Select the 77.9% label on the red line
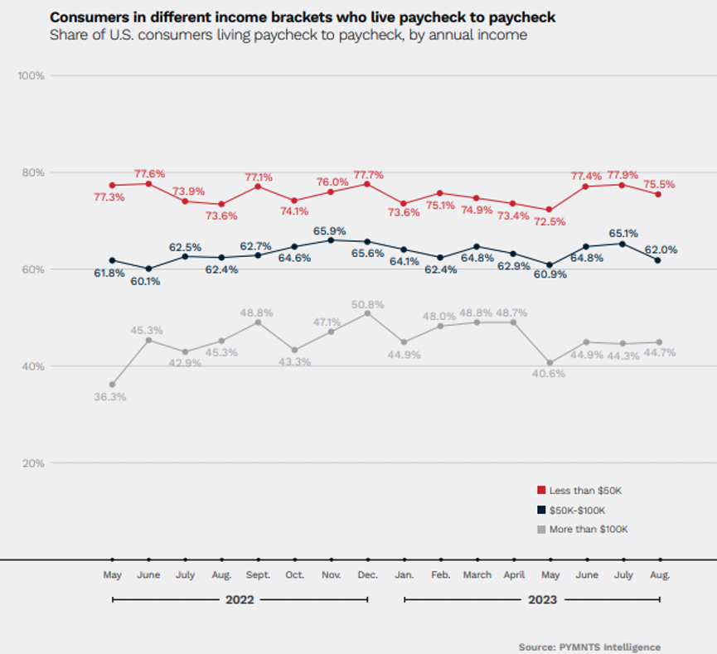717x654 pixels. point(623,175)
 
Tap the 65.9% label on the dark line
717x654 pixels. point(331,230)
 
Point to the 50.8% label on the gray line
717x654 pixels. point(367,304)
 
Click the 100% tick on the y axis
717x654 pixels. point(31,75)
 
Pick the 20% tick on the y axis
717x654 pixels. point(33,463)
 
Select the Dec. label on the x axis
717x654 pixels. point(367,574)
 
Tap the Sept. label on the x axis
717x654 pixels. point(258,574)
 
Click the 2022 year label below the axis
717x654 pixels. point(240,599)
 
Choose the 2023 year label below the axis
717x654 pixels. point(531,599)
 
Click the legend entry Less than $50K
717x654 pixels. point(584,491)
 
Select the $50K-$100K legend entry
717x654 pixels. point(578,510)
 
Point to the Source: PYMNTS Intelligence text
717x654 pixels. point(589,647)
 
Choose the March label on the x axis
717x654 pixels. point(477,574)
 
